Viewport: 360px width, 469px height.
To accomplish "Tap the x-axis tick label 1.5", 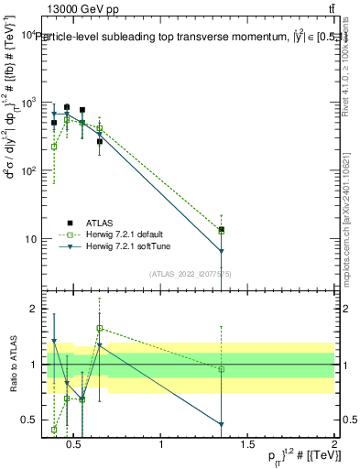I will point(247,446).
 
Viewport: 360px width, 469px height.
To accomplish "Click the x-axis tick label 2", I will point(334,446).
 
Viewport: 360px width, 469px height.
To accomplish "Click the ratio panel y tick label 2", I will point(35,309).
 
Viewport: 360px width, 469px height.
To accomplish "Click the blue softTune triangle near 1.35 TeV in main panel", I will point(222,251).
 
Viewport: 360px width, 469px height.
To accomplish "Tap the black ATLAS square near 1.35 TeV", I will point(222,230).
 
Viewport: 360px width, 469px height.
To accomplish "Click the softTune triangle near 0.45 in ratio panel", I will point(67,383).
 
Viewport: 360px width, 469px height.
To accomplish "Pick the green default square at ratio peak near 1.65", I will point(100,328).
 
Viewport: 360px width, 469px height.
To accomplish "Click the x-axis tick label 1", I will point(162,446).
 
